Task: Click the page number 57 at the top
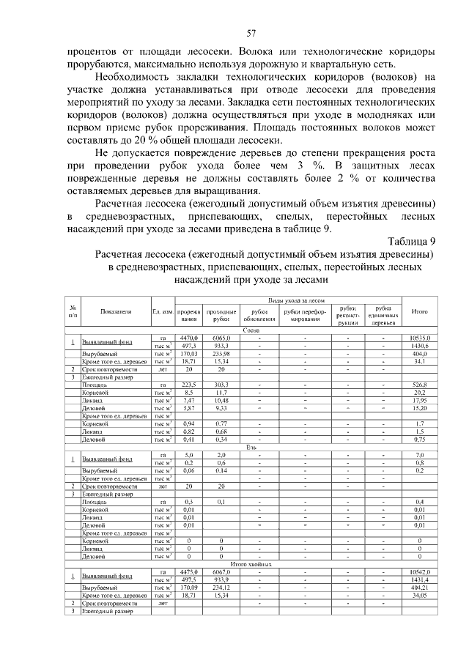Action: click(251, 33)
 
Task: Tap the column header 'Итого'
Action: click(421, 311)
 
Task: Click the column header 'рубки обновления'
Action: click(254, 316)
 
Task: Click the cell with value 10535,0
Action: click(421, 338)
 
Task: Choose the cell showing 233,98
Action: click(221, 353)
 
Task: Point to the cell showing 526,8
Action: click(421, 384)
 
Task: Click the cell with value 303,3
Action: click(221, 384)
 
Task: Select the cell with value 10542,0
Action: click(421, 571)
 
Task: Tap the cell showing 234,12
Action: click(221, 587)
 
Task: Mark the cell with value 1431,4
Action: click(421, 579)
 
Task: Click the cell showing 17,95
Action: click(421, 399)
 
